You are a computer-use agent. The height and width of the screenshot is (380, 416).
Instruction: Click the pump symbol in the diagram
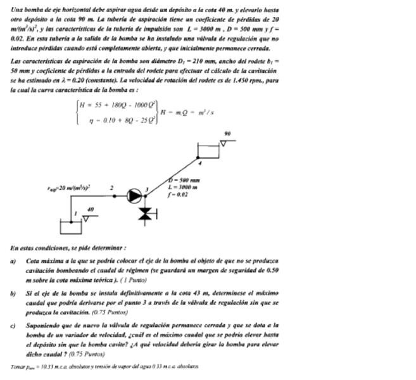click(134, 196)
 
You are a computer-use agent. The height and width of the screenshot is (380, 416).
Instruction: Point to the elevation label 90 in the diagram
click(227, 134)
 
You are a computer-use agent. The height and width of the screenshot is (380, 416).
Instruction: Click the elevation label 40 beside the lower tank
click(90, 208)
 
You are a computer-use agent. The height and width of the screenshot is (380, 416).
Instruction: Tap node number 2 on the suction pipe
click(111, 188)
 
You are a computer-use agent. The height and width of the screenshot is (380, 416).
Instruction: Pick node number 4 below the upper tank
click(200, 163)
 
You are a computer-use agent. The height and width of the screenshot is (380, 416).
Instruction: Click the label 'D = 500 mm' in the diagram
click(183, 180)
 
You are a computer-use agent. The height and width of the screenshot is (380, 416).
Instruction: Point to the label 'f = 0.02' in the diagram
click(178, 194)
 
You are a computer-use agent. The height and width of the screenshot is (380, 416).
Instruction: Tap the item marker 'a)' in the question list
click(14, 260)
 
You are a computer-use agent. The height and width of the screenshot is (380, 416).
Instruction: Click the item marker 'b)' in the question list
click(14, 294)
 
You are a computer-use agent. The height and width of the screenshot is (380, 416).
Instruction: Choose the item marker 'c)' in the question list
click(14, 326)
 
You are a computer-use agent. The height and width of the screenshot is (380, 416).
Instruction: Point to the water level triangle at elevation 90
click(224, 143)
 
